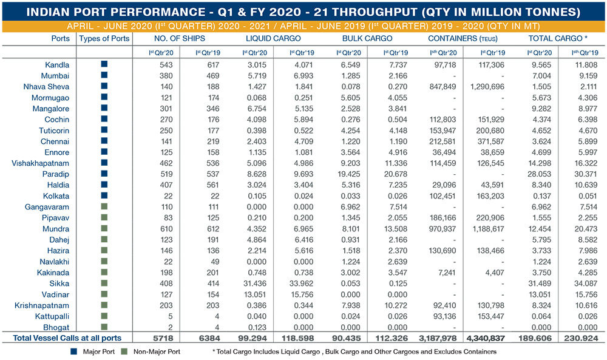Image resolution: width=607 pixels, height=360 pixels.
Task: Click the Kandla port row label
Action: coord(57,64)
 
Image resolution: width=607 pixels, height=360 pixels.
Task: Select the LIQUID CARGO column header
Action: coord(273,38)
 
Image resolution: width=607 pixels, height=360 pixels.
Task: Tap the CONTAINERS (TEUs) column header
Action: coord(463,38)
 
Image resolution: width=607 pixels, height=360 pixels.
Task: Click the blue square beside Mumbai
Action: coord(104,75)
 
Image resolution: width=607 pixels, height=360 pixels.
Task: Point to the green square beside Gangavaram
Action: coord(104,206)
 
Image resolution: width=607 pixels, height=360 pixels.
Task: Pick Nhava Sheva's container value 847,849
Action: coord(443,86)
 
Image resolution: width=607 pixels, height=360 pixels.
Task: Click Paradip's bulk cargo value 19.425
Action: coord(348,174)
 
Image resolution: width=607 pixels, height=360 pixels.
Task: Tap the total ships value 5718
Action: coord(163,338)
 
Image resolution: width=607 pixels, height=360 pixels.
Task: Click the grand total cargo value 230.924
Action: coord(581,338)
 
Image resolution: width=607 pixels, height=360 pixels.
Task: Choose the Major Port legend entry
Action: coord(93,352)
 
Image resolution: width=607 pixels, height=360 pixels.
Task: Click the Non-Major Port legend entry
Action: coord(151,352)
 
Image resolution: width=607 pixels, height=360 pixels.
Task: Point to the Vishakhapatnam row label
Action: coord(40,163)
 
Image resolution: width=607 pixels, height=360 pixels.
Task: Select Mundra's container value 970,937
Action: coord(443,229)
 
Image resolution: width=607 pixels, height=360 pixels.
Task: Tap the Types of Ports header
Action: coord(104,38)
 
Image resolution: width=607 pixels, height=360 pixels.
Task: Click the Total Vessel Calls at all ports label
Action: coord(67,338)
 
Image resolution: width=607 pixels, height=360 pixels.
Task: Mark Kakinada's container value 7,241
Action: coord(447,273)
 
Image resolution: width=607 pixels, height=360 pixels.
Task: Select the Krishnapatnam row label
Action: coord(42,305)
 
